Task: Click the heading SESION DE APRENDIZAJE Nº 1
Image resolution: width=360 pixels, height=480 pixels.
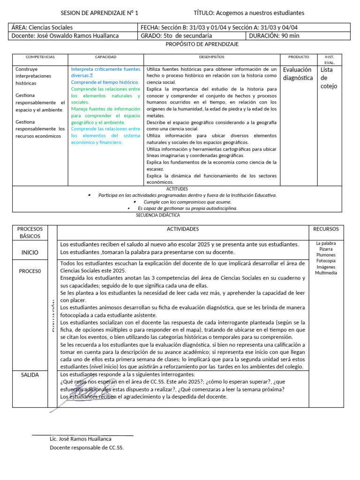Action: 100,13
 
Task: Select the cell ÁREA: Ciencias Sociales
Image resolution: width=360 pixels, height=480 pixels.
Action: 42,28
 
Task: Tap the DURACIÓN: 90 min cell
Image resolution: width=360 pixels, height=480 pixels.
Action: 274,36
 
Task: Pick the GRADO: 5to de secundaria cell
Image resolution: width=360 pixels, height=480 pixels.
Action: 176,36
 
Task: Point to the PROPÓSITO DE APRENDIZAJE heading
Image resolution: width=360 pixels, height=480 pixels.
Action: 202,44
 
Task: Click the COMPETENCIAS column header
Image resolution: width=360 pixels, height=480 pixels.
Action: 40,57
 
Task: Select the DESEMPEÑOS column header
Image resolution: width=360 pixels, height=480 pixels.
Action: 211,57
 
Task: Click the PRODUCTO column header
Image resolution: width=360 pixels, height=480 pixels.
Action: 298,57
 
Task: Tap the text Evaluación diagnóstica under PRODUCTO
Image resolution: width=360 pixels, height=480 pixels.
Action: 298,74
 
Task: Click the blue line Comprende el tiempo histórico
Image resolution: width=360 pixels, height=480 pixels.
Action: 102,82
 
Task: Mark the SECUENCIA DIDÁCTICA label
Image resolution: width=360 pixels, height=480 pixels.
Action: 157,215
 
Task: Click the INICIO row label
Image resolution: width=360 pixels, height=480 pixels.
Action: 30,252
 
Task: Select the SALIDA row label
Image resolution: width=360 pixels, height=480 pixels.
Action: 30,375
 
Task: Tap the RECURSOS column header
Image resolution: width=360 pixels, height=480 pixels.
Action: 326,229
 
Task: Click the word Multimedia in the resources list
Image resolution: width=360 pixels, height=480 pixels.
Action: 326,273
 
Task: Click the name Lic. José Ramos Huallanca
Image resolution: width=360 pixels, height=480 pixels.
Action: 81,439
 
